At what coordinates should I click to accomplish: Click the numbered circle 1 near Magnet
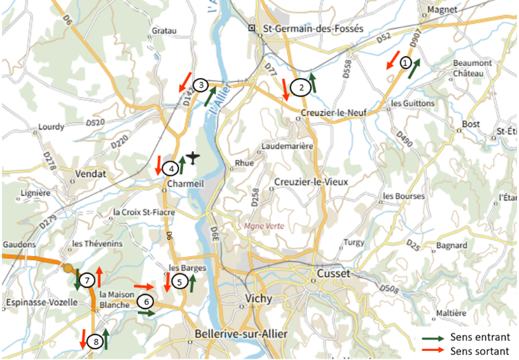click(x=406, y=61)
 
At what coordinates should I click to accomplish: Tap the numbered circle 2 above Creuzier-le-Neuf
click(x=300, y=87)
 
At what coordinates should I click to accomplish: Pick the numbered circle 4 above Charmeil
click(x=170, y=168)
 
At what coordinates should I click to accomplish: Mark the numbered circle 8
click(x=96, y=342)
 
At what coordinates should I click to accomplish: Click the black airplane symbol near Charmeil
click(x=192, y=157)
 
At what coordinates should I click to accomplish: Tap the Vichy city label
click(x=258, y=299)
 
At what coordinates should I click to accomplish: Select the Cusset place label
click(x=333, y=273)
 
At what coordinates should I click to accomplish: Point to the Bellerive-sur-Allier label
click(x=241, y=334)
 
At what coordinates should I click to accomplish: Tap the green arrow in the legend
click(x=433, y=338)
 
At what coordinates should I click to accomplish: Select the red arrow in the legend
click(x=433, y=351)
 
